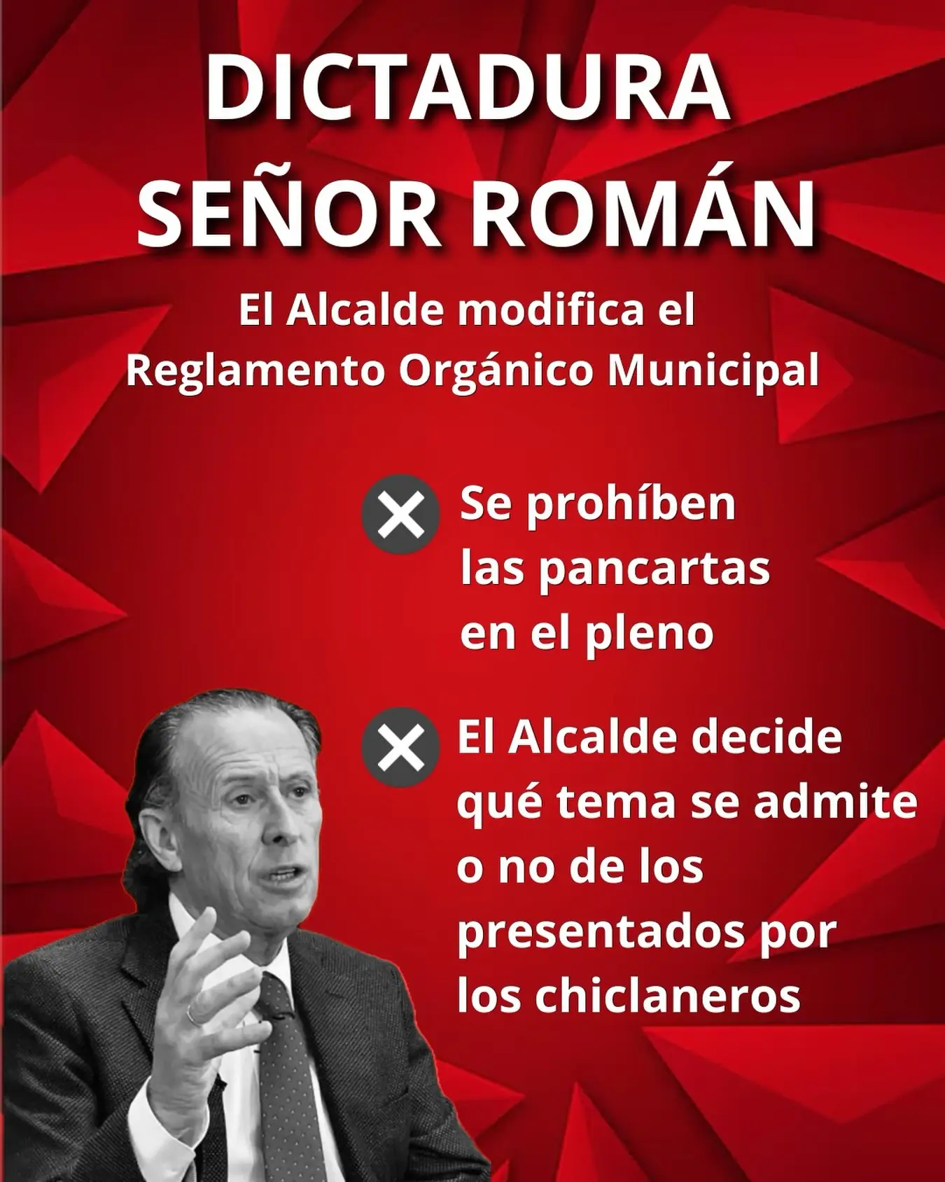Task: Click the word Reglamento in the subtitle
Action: pyautogui.click(x=255, y=372)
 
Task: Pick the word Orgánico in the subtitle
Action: pyautogui.click(x=496, y=372)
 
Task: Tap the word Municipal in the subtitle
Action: pyautogui.click(x=713, y=372)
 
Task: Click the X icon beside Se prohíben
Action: pyautogui.click(x=400, y=515)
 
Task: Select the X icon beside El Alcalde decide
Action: pyautogui.click(x=400, y=747)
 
